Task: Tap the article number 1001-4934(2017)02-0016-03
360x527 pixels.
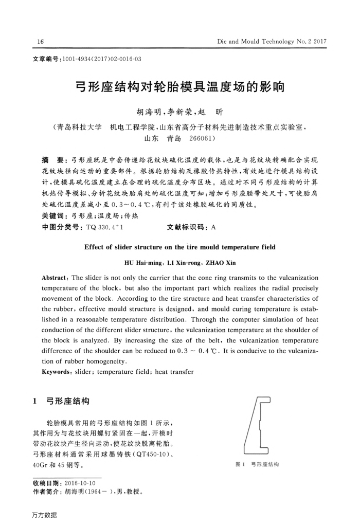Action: point(100,60)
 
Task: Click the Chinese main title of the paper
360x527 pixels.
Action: point(179,86)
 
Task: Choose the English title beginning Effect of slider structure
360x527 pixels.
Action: point(179,247)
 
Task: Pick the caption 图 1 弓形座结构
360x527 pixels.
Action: point(257,464)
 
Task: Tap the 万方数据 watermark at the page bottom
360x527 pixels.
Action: point(44,515)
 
